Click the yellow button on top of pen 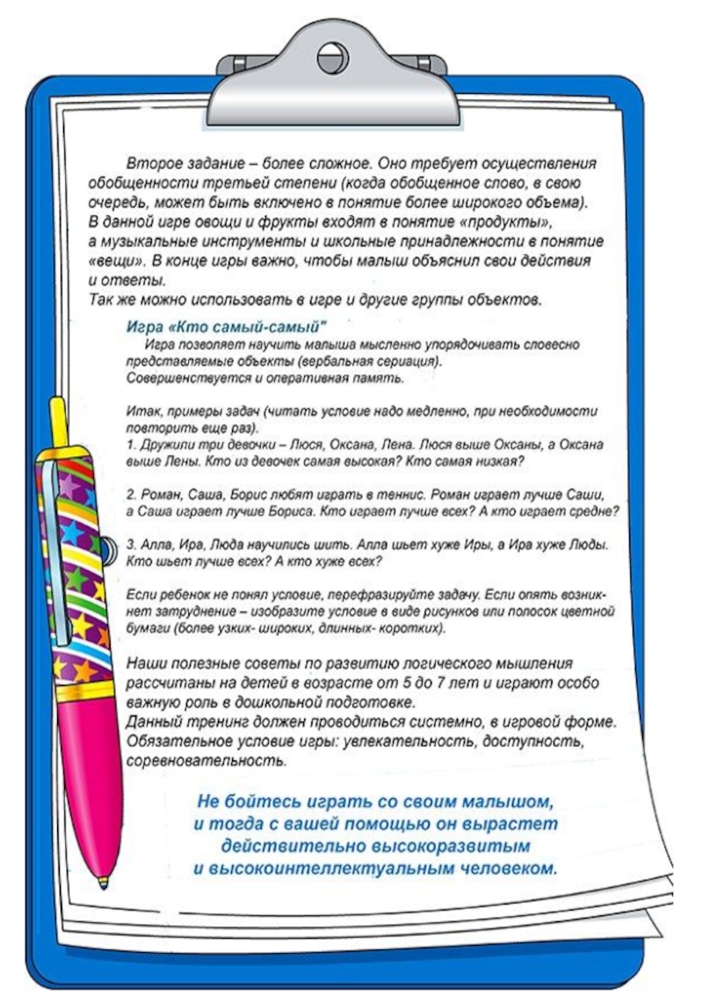59,422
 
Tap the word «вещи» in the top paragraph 115,261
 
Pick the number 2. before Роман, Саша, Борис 132,494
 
